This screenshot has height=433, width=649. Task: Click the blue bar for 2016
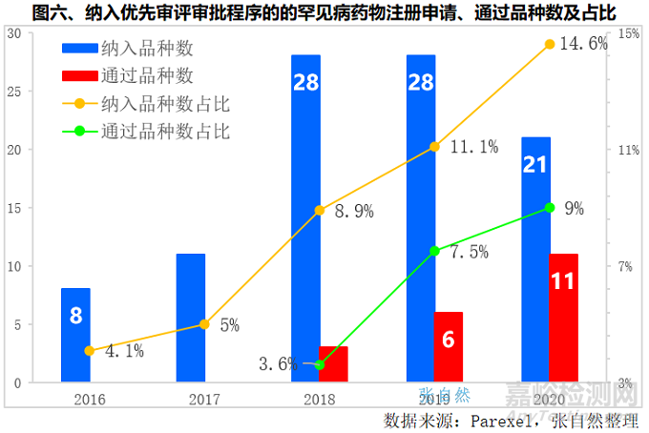75,335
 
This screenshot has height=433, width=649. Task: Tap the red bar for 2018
333,364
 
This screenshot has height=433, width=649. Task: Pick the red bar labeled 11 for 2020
564,318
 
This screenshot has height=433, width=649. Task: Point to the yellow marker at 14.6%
550,44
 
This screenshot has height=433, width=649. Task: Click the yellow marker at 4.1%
89,351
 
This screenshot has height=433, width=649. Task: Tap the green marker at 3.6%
320,364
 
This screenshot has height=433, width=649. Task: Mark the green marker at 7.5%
434,251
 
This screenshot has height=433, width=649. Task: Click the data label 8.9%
354,213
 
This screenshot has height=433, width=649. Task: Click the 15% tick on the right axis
628,33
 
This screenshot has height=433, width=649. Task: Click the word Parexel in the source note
493,420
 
